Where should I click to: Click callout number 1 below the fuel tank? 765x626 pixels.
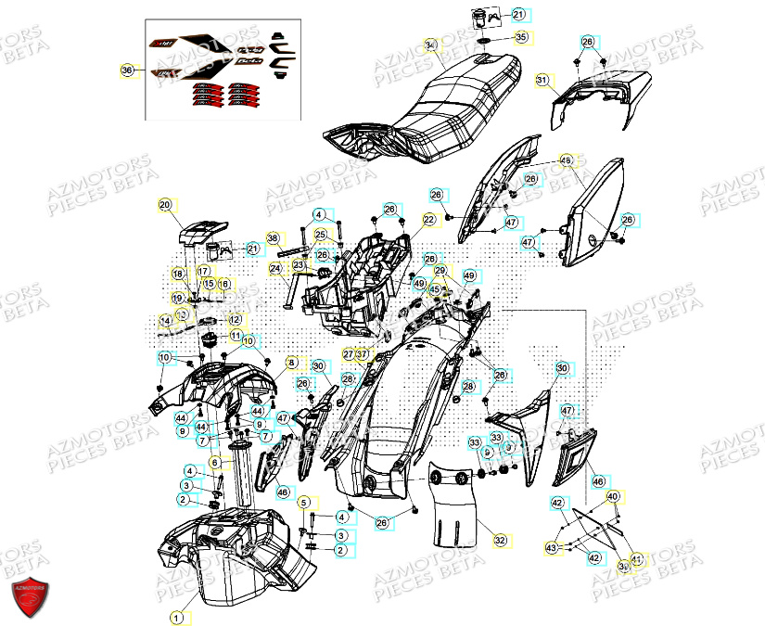[x=176, y=616]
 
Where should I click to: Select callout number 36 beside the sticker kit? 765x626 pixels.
[x=128, y=70]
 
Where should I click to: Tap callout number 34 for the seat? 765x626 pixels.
[x=430, y=45]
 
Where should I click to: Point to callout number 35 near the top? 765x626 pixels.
[x=520, y=37]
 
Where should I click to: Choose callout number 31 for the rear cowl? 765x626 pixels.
[x=542, y=81]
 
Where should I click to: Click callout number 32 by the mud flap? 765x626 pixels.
[x=500, y=539]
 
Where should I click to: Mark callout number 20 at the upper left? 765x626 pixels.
[x=165, y=205]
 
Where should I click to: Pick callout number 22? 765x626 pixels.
[x=429, y=220]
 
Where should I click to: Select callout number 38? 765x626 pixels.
[x=273, y=238]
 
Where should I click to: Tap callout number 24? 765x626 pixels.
[x=275, y=269]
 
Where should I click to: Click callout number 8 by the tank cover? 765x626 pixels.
[x=290, y=363]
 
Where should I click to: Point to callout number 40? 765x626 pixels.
[x=613, y=497]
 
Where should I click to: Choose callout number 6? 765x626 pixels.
[x=214, y=462]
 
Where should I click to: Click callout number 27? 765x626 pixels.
[x=348, y=354]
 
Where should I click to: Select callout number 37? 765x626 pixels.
[x=363, y=354]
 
